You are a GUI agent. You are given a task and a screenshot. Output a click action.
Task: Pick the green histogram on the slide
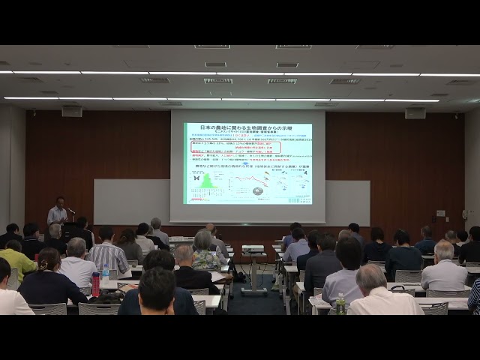(x=207, y=181)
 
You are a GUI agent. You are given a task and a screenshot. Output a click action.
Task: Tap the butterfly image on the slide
(x=196, y=178)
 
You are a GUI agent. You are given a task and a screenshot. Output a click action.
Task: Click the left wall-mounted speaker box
(x=72, y=112)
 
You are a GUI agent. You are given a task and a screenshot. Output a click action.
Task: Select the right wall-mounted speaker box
(x=415, y=113)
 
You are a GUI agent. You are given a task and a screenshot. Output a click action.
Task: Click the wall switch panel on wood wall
(x=440, y=214)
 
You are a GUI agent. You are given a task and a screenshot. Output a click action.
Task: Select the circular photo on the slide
(x=257, y=191)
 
